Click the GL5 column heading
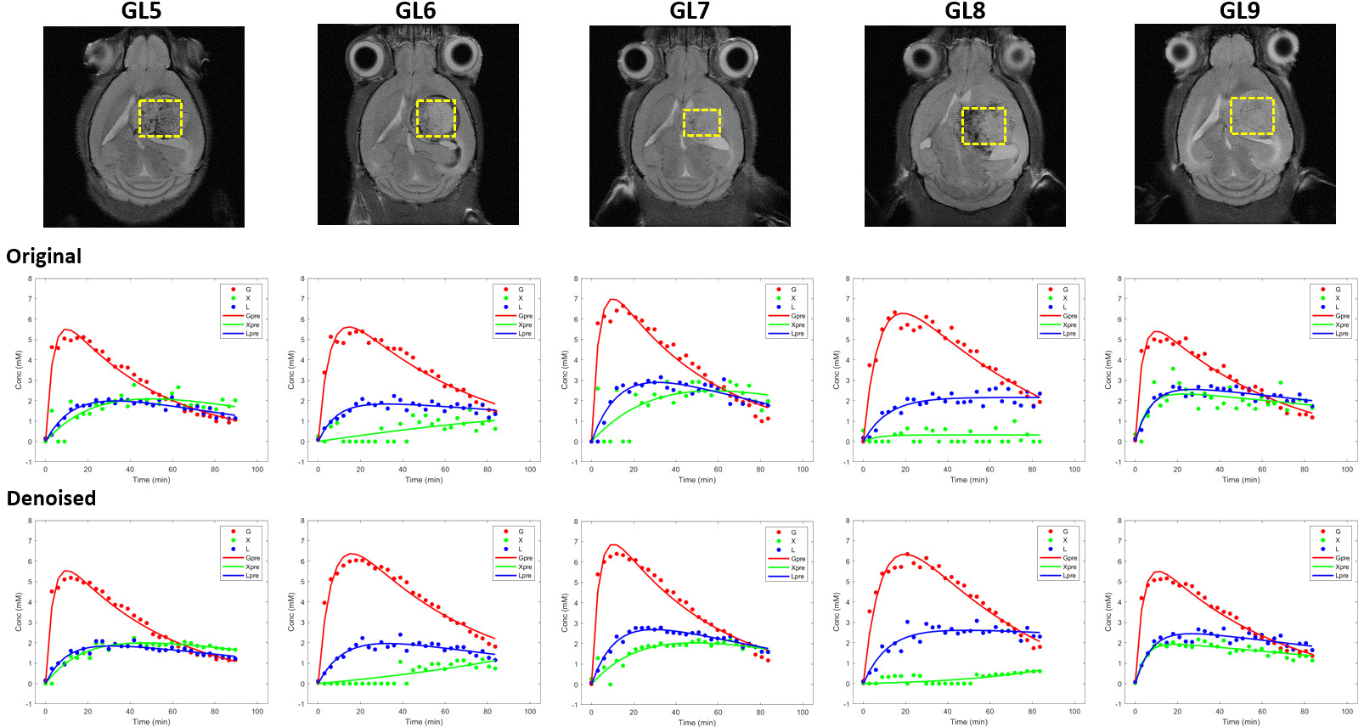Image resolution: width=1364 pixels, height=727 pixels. pyautogui.click(x=141, y=11)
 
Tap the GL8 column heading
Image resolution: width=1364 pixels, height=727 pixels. pyautogui.click(x=965, y=11)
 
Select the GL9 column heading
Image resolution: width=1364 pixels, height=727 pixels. pyautogui.click(x=1239, y=11)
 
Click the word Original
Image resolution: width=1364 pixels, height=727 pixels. pyautogui.click(x=44, y=256)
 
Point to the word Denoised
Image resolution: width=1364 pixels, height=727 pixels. pyautogui.click(x=51, y=499)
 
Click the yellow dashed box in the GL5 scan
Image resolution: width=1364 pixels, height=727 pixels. pyautogui.click(x=161, y=118)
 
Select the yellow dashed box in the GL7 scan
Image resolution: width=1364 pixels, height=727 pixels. pyautogui.click(x=702, y=122)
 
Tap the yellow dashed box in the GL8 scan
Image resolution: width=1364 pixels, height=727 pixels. pyautogui.click(x=984, y=126)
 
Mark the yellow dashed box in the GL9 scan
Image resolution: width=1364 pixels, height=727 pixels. pyautogui.click(x=1252, y=116)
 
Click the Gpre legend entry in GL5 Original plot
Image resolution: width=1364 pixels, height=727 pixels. pyautogui.click(x=252, y=316)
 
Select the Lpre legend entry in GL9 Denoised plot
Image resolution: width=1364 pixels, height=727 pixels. pyautogui.click(x=1341, y=576)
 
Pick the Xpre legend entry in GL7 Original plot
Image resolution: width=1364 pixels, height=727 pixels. pyautogui.click(x=798, y=325)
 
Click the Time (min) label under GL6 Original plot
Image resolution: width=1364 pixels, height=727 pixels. pyautogui.click(x=424, y=480)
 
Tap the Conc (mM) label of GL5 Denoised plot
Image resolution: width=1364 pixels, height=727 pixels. pyautogui.click(x=19, y=611)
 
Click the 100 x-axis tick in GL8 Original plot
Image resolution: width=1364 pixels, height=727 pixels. pyautogui.click(x=1074, y=469)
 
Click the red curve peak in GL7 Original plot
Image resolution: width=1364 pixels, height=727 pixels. pyautogui.click(x=612, y=299)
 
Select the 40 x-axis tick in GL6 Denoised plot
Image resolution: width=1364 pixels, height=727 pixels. pyautogui.click(x=403, y=712)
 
